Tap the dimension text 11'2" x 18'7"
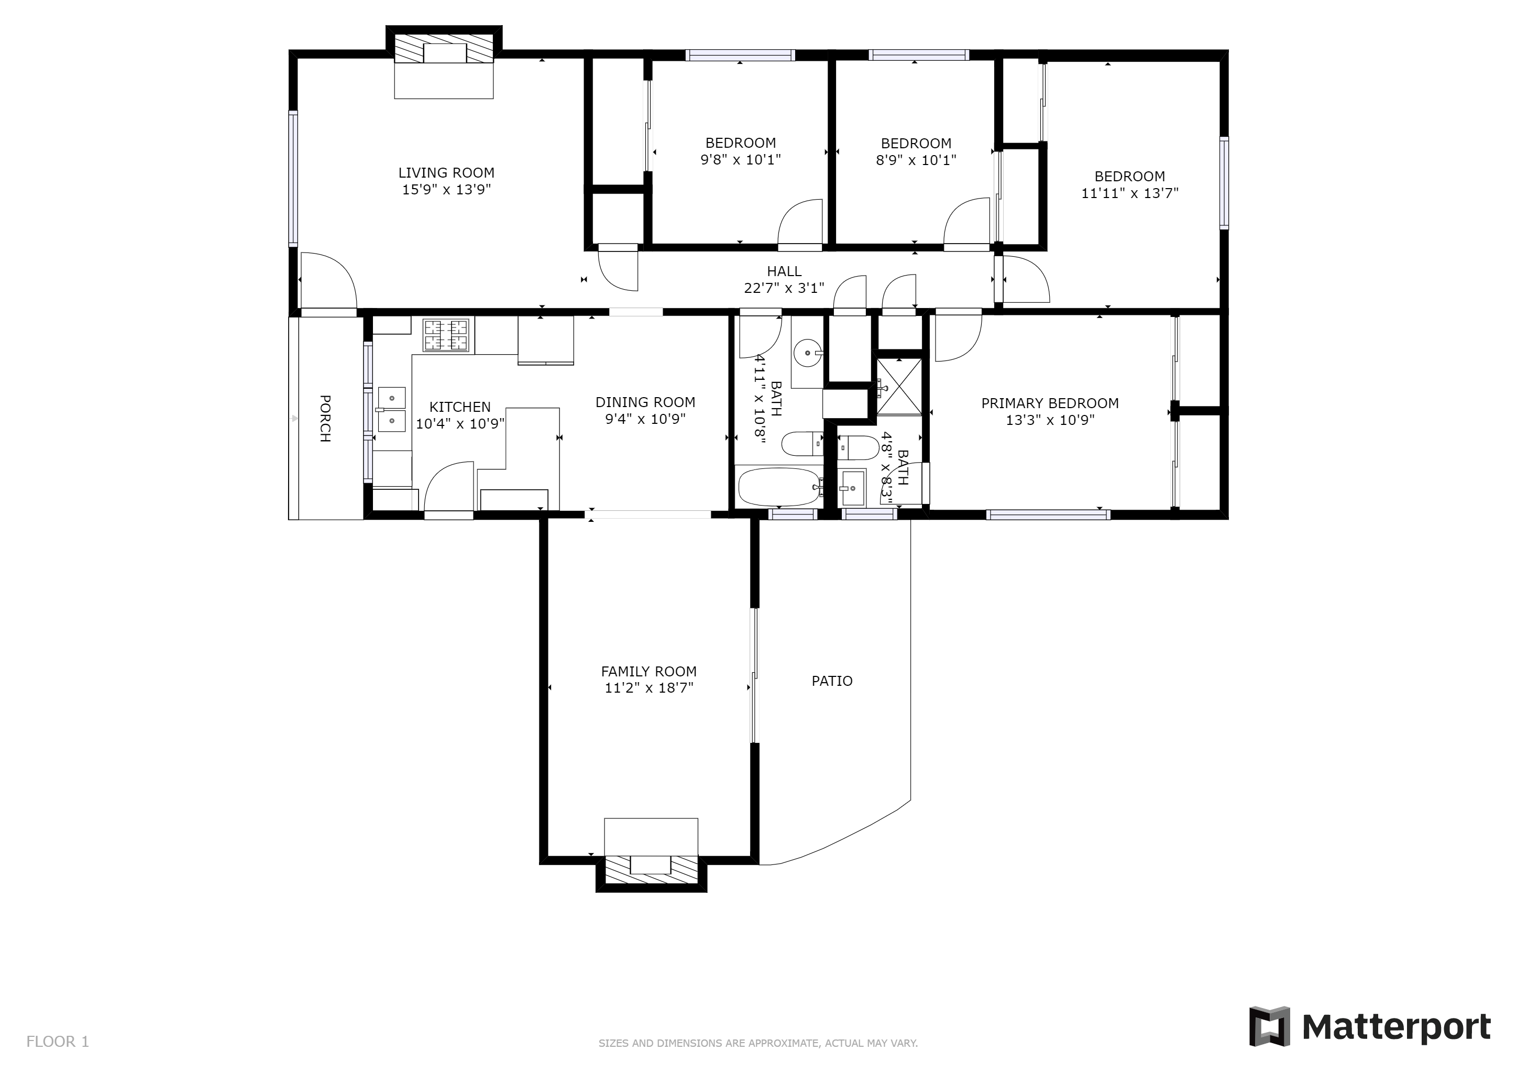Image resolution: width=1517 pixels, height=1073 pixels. pyautogui.click(x=649, y=688)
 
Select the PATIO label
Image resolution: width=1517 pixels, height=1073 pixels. pyautogui.click(x=832, y=681)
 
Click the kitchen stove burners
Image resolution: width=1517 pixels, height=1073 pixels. pyautogui.click(x=445, y=335)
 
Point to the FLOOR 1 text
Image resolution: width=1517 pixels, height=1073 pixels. pyautogui.click(x=58, y=1042)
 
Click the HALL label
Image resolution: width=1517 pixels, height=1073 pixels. pyautogui.click(x=784, y=271)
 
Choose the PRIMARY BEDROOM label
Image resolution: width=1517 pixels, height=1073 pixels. pyautogui.click(x=1050, y=403)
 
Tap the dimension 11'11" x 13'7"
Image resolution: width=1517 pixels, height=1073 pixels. pyautogui.click(x=1130, y=193)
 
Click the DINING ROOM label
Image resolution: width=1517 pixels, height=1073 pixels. pyautogui.click(x=645, y=402)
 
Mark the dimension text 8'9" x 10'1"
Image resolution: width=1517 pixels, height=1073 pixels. pyautogui.click(x=916, y=160)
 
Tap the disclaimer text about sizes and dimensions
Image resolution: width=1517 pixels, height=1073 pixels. pyautogui.click(x=758, y=1043)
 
